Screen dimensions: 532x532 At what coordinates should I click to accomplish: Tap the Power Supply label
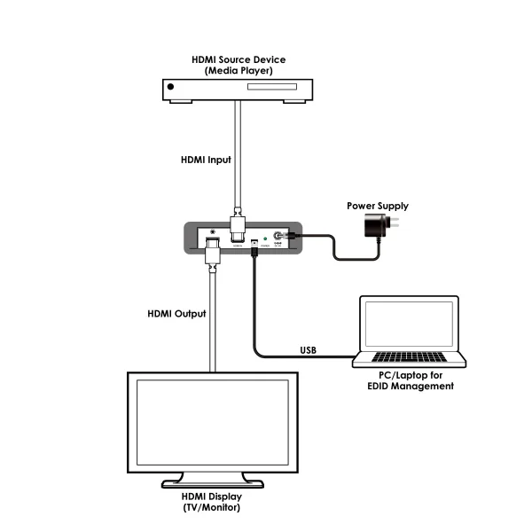[x=378, y=206]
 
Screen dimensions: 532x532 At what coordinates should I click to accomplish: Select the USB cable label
[x=309, y=349]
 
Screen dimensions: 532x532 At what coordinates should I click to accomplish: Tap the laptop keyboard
[x=411, y=357]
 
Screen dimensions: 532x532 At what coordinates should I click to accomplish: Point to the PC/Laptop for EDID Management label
[x=411, y=381]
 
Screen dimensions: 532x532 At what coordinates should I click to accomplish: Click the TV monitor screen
[x=213, y=419]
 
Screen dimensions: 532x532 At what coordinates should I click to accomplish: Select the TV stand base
[x=213, y=484]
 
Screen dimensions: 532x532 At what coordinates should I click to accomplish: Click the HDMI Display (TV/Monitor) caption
[x=213, y=502]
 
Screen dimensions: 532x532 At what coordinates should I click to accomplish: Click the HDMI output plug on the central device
[x=213, y=251]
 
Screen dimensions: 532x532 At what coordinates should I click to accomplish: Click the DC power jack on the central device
[x=281, y=238]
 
